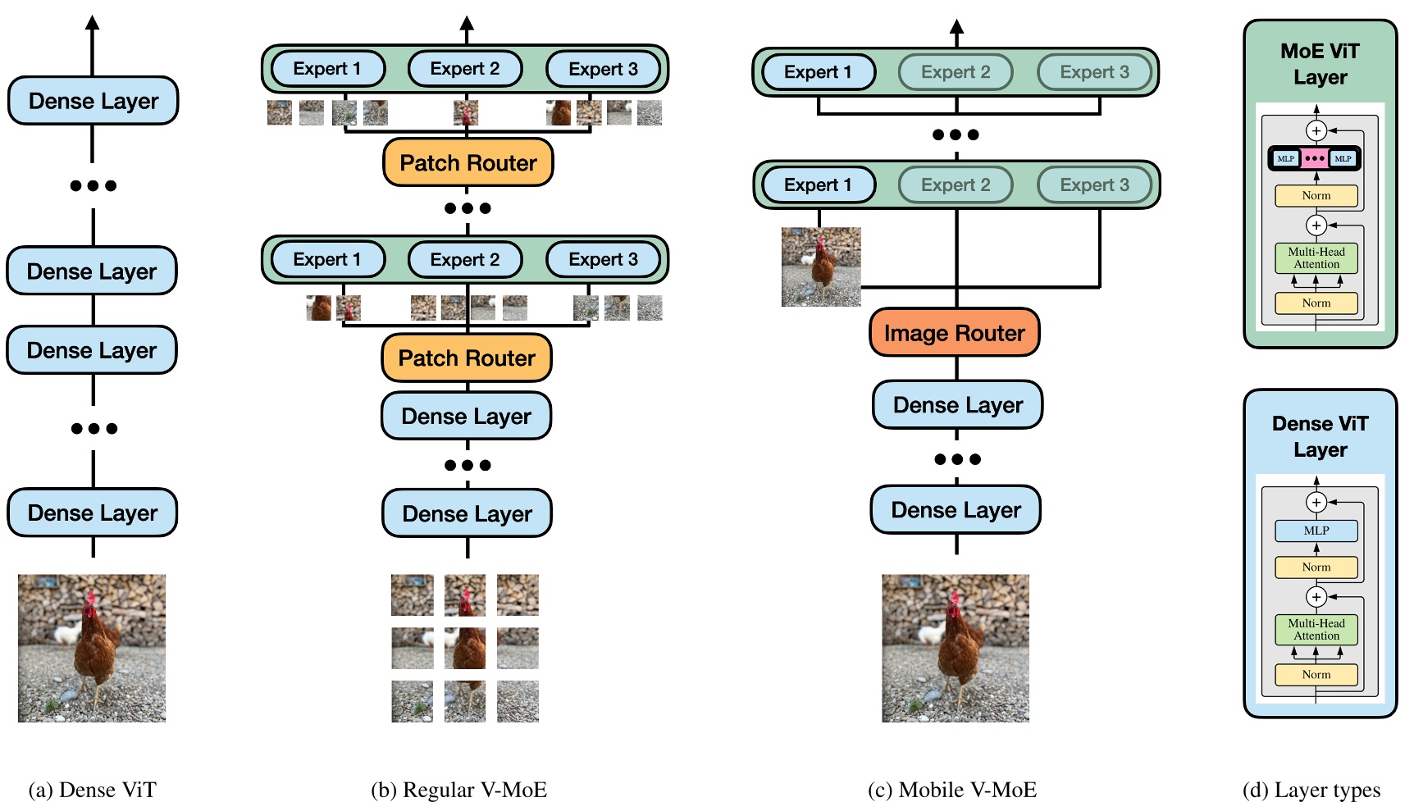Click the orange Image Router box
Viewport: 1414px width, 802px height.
point(954,333)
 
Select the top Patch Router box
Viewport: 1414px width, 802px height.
point(468,162)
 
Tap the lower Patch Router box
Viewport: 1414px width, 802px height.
point(466,358)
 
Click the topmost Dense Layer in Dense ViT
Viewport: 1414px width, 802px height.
point(94,101)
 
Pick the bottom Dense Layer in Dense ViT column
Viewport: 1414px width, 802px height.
point(93,513)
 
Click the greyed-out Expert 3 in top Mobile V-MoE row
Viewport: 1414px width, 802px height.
point(1094,72)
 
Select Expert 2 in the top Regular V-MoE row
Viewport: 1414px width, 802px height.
point(464,69)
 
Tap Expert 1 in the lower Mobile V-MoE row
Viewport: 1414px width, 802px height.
point(818,185)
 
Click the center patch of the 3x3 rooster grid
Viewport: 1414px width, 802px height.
point(465,648)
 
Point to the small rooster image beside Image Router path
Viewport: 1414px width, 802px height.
point(821,267)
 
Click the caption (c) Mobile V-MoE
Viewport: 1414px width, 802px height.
point(952,789)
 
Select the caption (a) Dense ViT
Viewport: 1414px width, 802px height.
point(92,789)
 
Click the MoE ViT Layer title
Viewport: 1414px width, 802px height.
point(1320,64)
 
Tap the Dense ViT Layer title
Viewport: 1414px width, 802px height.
point(1320,436)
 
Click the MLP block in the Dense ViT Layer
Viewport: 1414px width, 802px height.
point(1316,531)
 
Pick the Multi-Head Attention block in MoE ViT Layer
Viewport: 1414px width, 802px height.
point(1316,258)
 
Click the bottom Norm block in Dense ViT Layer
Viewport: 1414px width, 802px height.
point(1316,674)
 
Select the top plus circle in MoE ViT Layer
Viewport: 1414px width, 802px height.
point(1316,130)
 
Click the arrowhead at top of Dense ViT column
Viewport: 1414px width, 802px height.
point(93,22)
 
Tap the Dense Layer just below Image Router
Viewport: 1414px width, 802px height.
point(957,405)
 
